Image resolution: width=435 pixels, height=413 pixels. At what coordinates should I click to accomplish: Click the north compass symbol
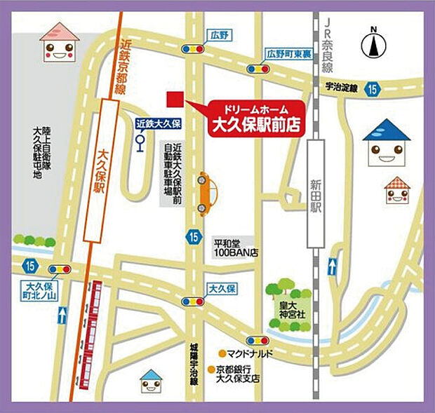(x=374, y=44)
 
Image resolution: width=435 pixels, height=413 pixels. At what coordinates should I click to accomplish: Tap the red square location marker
(x=173, y=99)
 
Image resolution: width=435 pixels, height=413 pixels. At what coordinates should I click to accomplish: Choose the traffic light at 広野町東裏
(x=257, y=69)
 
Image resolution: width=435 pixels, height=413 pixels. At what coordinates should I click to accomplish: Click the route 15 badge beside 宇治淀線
(x=371, y=89)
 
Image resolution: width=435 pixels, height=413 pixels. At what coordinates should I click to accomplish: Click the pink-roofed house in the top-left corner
(x=60, y=41)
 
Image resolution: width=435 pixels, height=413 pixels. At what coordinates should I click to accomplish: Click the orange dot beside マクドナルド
(x=221, y=353)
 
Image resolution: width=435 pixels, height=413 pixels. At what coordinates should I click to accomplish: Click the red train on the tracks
(x=91, y=330)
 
